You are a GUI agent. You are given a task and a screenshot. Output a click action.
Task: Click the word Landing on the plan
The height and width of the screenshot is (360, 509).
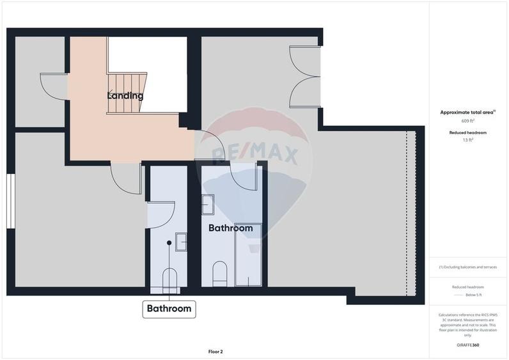coord(125,96)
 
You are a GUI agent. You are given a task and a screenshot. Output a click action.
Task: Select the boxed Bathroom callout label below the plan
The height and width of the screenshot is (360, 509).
coord(169,309)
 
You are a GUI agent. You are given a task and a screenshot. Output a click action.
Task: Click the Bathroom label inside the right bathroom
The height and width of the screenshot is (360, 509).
coord(230,228)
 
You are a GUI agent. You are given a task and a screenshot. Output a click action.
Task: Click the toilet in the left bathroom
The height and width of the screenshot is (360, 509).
coord(169,279)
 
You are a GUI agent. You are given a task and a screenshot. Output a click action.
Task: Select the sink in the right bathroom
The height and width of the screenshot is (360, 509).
coord(208,205)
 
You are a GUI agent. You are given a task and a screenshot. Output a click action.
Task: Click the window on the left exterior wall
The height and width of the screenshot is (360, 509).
coord(10,200)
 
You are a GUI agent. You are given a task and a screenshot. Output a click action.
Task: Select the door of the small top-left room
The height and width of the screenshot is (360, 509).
coord(53,86)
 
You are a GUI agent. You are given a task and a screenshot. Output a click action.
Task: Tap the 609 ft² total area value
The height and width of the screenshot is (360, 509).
coord(468,121)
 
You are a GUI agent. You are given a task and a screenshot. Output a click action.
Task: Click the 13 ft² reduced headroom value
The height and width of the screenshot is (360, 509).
coord(468,139)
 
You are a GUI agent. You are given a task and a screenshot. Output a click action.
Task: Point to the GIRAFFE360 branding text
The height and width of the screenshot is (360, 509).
coord(468,345)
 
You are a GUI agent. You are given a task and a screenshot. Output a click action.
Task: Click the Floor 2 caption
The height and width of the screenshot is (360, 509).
coord(215,351)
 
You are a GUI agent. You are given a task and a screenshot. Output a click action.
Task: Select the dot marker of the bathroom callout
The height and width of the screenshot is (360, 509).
coord(169,243)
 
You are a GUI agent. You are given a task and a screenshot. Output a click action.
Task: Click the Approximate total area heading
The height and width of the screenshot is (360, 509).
coord(467,112)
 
